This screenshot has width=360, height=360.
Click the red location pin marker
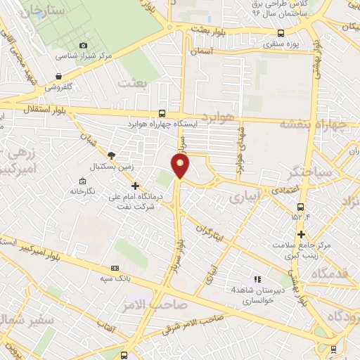[181, 166]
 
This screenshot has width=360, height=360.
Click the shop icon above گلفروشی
[58, 76]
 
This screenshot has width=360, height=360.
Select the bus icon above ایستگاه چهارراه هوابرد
[162, 112]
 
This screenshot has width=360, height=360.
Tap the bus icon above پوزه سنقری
[281, 32]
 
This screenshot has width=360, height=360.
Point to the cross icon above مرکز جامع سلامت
[302, 234]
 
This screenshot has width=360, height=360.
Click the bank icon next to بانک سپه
[115, 268]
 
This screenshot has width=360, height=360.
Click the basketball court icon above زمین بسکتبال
[111, 155]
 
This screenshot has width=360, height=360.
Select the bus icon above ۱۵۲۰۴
[301, 207]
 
